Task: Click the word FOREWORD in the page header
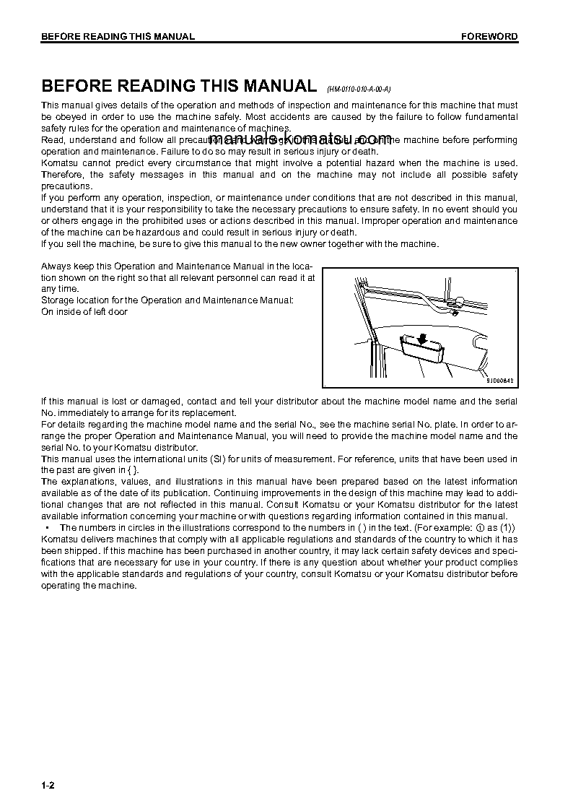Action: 489,37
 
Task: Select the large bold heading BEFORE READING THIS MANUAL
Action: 178,86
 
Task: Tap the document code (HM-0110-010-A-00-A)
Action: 359,90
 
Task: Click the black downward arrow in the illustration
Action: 421,339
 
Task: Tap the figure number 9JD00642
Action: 502,381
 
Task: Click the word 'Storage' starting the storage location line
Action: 58,300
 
